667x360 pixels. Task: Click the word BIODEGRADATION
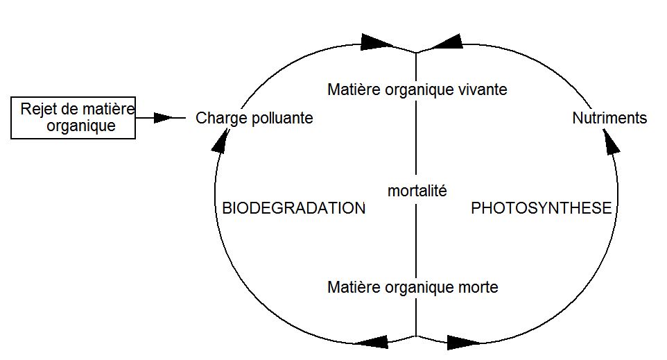click(294, 208)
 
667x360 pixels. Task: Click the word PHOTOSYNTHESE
click(542, 208)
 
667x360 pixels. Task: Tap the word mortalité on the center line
click(417, 191)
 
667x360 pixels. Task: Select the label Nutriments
click(609, 118)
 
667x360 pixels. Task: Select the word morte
click(478, 287)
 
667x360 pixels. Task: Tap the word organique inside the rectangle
click(81, 126)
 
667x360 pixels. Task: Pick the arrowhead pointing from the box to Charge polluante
click(164, 117)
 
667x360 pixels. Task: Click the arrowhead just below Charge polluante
click(220, 140)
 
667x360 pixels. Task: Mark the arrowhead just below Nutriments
click(611, 140)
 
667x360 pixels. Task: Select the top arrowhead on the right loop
click(447, 42)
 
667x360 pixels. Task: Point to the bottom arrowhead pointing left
click(371, 342)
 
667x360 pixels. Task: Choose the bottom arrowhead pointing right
click(464, 343)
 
